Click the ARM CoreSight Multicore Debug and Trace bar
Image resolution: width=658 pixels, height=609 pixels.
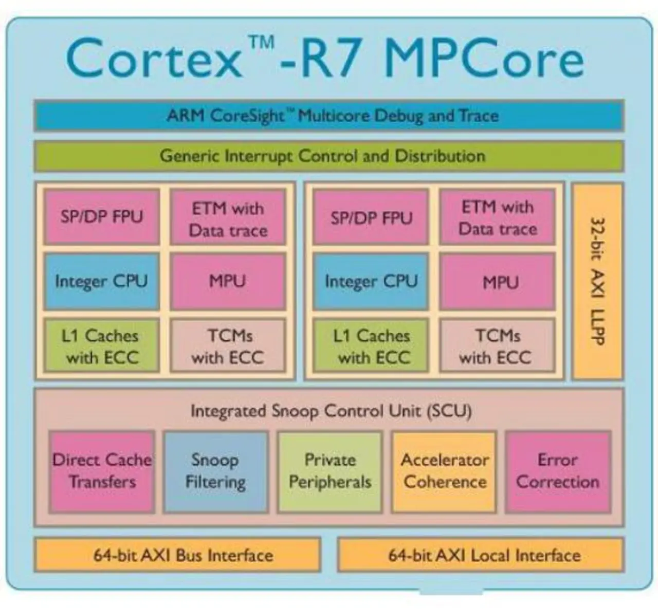point(329,116)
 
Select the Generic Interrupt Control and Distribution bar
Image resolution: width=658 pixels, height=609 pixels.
point(329,156)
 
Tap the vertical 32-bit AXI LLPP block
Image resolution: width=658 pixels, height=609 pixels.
point(598,281)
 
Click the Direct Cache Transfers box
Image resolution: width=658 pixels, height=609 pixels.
point(102,472)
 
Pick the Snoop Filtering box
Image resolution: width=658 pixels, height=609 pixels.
point(216,472)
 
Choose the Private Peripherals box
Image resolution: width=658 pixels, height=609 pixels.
point(330,472)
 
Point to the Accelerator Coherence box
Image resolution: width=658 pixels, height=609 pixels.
point(444,472)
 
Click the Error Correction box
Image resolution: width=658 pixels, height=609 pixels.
point(558,472)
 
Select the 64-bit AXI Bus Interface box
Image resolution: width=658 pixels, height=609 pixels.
point(177,555)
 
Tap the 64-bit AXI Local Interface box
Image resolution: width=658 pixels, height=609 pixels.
point(481,555)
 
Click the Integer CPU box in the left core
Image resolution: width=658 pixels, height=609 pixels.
point(102,282)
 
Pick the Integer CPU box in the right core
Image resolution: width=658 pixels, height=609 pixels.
point(371,282)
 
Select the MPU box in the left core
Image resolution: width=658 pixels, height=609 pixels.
point(228,282)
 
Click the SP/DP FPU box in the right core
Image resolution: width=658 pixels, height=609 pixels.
point(371,217)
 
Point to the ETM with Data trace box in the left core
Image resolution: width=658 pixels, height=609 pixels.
point(228,217)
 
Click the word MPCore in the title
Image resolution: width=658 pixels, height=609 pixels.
point(484,59)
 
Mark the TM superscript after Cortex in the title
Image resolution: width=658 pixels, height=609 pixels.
point(262,43)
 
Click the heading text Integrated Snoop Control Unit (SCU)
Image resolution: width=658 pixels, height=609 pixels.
point(331,411)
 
